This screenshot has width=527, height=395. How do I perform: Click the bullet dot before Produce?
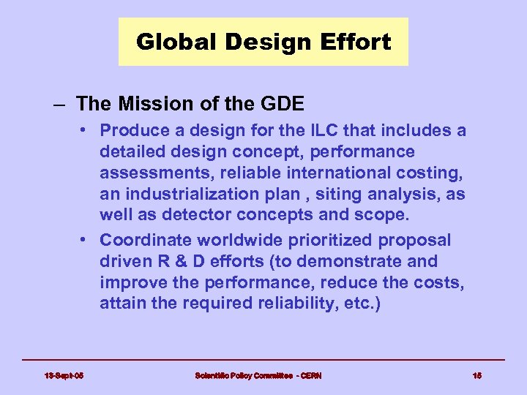click(86, 131)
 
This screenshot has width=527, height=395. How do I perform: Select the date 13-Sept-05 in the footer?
click(64, 376)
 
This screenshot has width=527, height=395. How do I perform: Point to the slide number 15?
click(477, 376)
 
